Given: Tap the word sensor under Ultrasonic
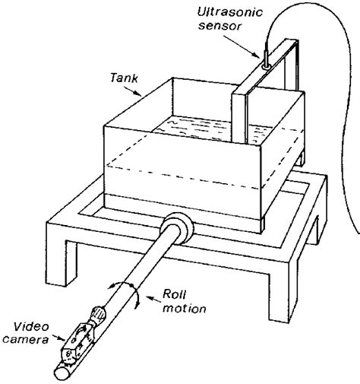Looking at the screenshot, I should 222,29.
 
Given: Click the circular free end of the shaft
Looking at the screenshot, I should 62,372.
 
